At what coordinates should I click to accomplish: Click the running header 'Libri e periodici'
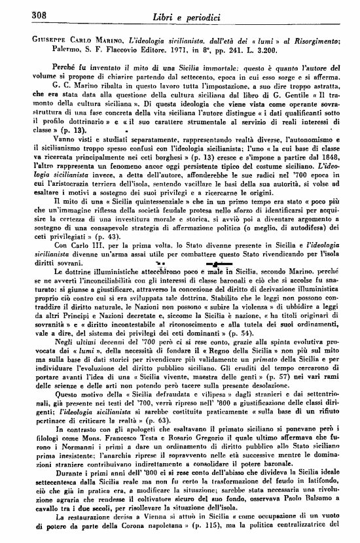[x=182, y=14]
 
